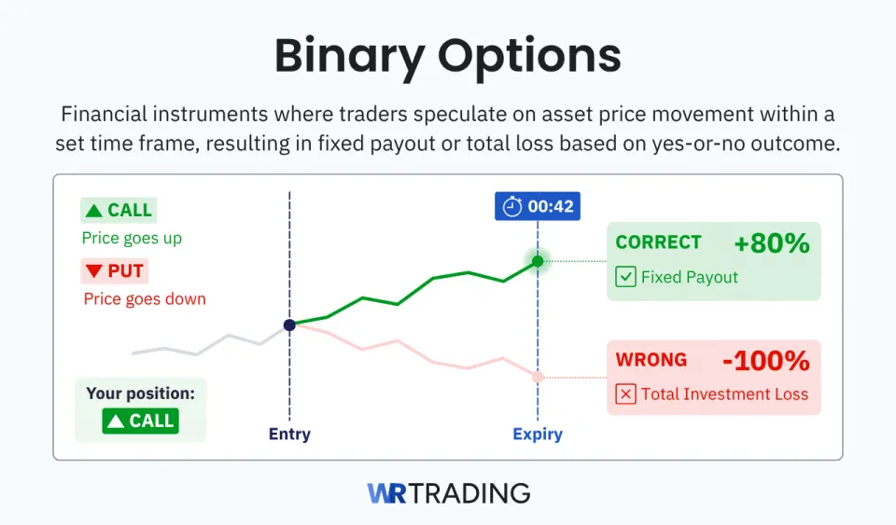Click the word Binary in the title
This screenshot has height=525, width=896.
click(349, 58)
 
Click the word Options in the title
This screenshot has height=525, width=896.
click(529, 58)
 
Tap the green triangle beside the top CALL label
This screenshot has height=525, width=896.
click(93, 211)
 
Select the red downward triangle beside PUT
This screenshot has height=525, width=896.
click(93, 271)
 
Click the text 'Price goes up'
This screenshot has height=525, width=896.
click(132, 238)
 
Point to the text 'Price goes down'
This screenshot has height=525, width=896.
click(145, 298)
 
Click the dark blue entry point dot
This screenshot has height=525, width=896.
click(289, 325)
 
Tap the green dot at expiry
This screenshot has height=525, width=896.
click(538, 261)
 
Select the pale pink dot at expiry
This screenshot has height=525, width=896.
click(538, 378)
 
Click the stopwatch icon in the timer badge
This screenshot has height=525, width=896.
click(512, 206)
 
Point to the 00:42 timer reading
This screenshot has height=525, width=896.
click(551, 206)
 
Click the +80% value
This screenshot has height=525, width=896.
click(772, 243)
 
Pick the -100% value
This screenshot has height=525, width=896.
click(766, 361)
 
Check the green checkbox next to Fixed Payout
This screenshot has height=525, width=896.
click(625, 277)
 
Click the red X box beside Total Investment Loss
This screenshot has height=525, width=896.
click(625, 394)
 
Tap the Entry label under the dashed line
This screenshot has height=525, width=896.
click(289, 435)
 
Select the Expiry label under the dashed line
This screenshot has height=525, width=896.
click(538, 435)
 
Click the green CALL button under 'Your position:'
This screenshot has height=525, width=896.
click(141, 421)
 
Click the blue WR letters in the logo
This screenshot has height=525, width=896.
click(386, 493)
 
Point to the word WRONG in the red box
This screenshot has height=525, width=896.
click(651, 360)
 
